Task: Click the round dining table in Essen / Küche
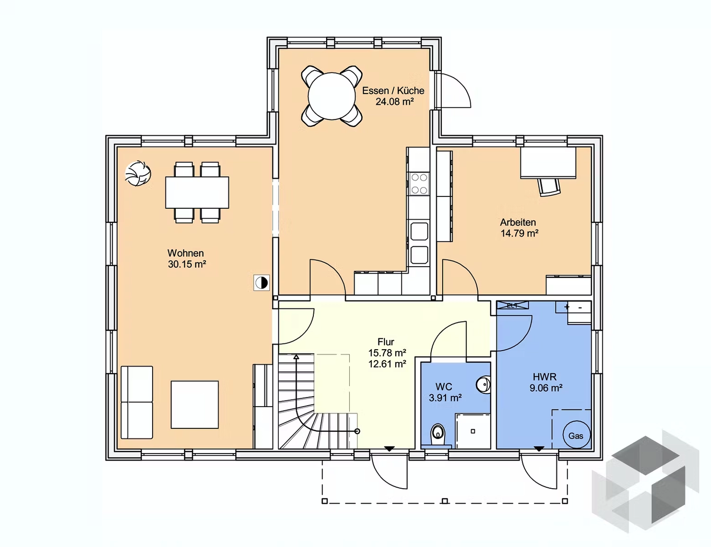[x=331, y=96]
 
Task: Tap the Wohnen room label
[x=185, y=253]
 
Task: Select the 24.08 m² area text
[x=394, y=102]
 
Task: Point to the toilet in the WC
[x=437, y=434]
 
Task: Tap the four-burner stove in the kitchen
[x=419, y=184]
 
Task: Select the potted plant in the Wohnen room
[x=138, y=173]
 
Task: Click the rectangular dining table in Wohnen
[x=197, y=193]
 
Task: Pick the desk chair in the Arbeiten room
[x=549, y=186]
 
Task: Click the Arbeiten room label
[x=518, y=222]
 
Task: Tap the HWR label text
[x=544, y=377]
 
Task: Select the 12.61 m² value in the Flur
[x=387, y=364]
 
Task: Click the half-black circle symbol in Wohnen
[x=261, y=283]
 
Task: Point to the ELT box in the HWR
[x=512, y=306]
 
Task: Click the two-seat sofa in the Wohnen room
[x=137, y=402]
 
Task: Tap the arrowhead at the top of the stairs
[x=297, y=356]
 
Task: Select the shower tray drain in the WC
[x=473, y=431]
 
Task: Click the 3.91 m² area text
[x=445, y=398]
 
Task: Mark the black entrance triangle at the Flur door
[x=389, y=448]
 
